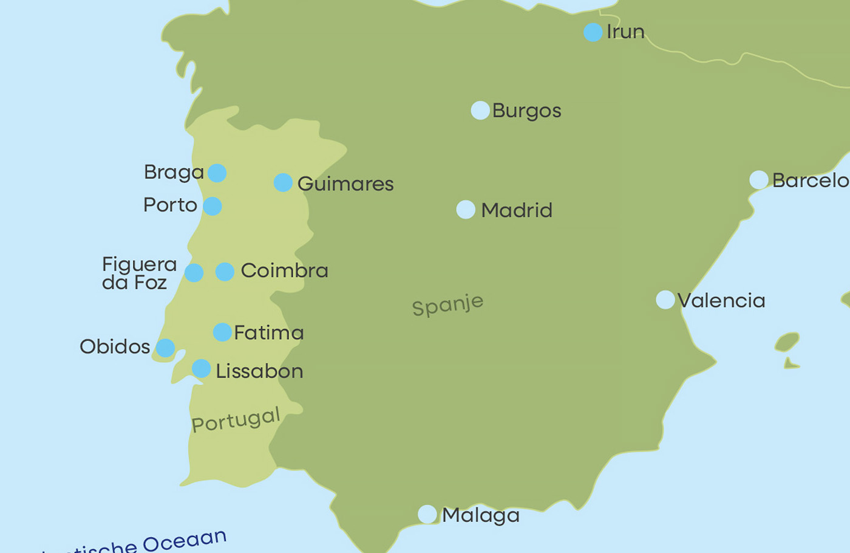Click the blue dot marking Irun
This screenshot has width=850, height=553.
(x=593, y=32)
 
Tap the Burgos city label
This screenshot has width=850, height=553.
(x=526, y=111)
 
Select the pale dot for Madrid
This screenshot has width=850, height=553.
(x=466, y=210)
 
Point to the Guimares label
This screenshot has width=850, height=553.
(x=345, y=184)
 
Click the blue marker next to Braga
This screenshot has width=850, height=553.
(x=217, y=173)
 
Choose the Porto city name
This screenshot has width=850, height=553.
(x=170, y=205)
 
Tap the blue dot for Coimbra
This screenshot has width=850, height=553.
(x=225, y=272)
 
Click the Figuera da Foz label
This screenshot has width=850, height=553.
(x=139, y=273)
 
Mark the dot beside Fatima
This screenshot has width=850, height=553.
(x=222, y=332)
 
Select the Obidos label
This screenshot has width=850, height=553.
(x=115, y=347)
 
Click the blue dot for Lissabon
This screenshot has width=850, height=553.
(x=201, y=368)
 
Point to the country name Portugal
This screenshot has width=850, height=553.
(x=236, y=420)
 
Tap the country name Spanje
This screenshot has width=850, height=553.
(x=447, y=304)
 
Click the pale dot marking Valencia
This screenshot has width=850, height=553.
(x=665, y=300)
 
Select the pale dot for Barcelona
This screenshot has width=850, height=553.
(x=759, y=180)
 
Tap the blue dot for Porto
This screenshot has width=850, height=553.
(x=212, y=206)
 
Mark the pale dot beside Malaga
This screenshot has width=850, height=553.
(x=427, y=514)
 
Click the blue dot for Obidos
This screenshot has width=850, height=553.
(x=165, y=348)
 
